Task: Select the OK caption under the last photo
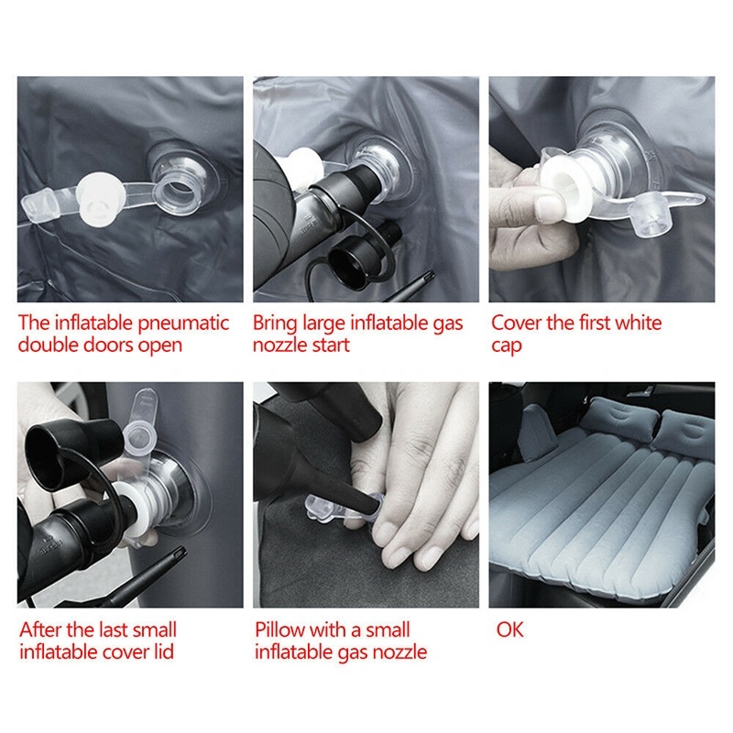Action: pos(509,630)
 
